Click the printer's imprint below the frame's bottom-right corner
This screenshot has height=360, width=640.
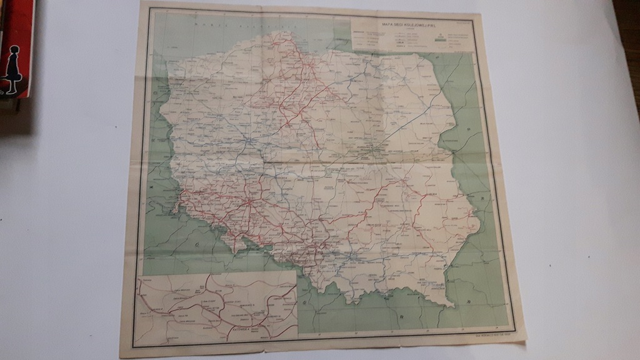[x=494, y=336]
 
